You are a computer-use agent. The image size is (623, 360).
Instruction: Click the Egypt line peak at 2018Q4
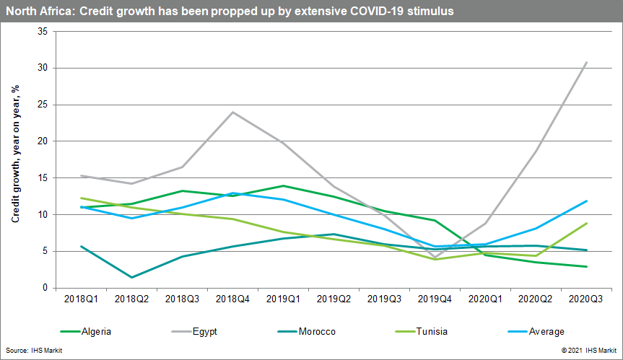click(233, 112)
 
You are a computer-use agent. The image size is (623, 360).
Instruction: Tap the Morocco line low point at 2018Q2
click(130, 277)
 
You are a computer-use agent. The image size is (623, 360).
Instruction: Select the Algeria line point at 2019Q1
click(284, 185)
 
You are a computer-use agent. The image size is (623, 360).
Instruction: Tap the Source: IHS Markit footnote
click(32, 349)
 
